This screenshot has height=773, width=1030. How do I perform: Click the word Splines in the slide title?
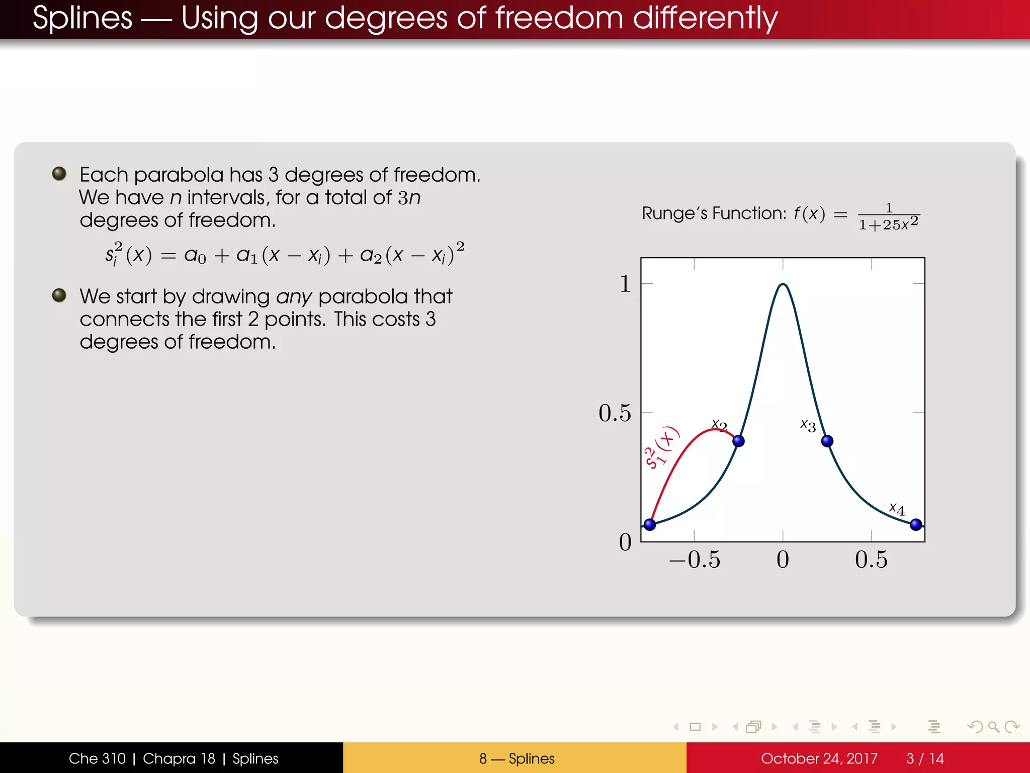[x=82, y=18]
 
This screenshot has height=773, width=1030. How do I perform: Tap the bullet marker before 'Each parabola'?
[x=59, y=174]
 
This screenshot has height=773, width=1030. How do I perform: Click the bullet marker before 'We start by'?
[x=59, y=295]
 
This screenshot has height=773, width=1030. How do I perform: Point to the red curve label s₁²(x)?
[x=661, y=447]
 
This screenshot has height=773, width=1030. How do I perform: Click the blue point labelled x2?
[x=738, y=441]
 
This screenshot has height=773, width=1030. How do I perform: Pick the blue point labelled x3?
[x=827, y=441]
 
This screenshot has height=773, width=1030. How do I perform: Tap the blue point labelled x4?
[x=916, y=524]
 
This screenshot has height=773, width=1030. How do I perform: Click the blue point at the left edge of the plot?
[x=650, y=524]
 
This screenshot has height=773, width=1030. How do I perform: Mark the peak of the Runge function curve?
[x=783, y=285]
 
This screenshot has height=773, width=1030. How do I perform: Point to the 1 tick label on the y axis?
[x=625, y=284]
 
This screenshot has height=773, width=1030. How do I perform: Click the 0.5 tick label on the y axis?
[x=615, y=413]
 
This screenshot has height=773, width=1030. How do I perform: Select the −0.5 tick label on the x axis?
[x=695, y=559]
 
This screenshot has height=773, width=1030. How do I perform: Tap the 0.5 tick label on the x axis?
[x=871, y=559]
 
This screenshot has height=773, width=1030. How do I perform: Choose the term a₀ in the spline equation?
[x=195, y=256]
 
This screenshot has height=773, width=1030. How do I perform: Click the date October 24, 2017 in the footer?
[x=819, y=758]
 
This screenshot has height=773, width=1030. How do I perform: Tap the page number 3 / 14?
[x=925, y=758]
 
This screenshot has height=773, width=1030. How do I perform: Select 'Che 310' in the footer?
[x=97, y=758]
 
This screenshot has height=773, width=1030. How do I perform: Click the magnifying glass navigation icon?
[x=993, y=727]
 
